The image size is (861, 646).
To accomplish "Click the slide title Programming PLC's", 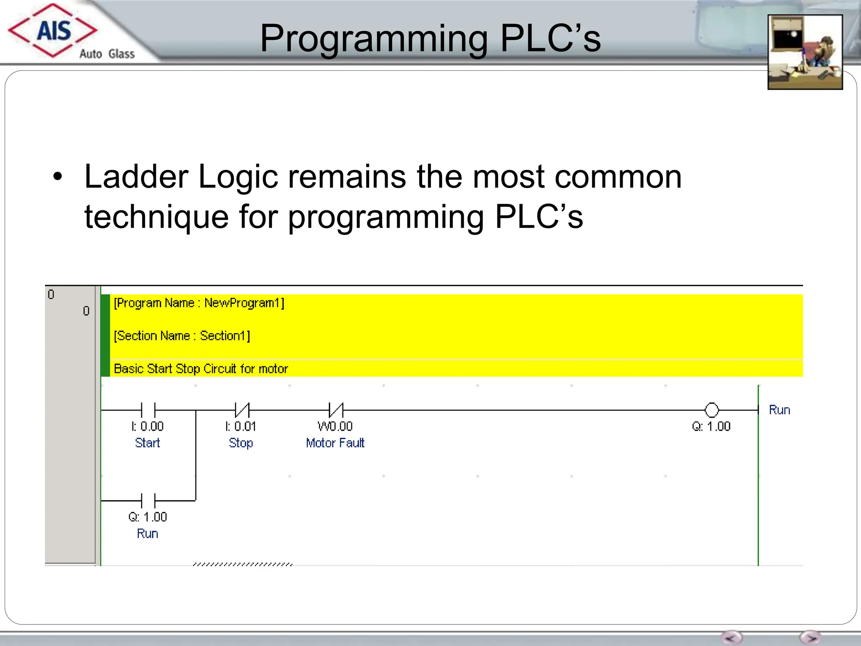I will [x=430, y=38].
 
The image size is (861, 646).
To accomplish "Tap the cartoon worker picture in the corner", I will [x=805, y=52].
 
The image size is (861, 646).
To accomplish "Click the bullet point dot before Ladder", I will [x=58, y=177].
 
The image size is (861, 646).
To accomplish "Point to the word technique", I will [x=156, y=217].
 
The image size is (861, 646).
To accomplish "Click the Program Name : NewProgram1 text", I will [x=199, y=303].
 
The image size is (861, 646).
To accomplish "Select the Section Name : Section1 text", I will [x=182, y=336].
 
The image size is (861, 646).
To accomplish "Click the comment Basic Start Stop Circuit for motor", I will [x=201, y=369].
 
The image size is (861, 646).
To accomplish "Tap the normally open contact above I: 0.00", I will [x=148, y=410].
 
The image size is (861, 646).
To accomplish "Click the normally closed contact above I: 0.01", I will [x=242, y=410].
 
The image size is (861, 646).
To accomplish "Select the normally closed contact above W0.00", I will [x=336, y=410].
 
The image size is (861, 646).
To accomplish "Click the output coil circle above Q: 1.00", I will [x=711, y=410].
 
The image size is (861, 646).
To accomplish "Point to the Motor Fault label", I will [x=335, y=443].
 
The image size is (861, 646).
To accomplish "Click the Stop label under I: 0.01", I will [x=240, y=443].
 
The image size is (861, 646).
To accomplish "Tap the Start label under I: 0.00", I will [x=147, y=443].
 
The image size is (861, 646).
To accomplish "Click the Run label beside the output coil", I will [x=779, y=410].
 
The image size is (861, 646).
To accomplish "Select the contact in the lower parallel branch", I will [x=148, y=500].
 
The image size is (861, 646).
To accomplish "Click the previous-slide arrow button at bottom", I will [x=732, y=638].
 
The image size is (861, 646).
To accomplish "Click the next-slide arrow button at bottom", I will [x=810, y=638].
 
